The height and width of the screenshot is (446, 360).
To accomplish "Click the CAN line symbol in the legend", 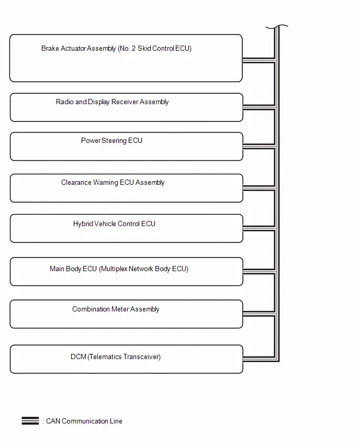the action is point(30,421).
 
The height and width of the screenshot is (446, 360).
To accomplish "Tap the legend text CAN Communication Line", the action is point(84,421).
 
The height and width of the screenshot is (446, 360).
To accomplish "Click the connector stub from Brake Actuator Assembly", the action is point(259,60).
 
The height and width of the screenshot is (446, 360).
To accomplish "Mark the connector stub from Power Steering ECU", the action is point(260,147).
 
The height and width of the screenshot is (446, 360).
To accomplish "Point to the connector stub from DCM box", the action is point(260,359).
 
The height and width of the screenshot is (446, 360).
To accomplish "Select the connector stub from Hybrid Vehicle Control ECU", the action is point(260,228).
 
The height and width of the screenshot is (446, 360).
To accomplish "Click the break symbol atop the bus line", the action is point(277,27).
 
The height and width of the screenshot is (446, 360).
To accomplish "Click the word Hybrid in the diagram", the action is point(83,224).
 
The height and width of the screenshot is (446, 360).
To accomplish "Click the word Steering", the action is point(114,141).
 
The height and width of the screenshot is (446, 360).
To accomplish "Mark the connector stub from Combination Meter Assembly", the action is point(260,314).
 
